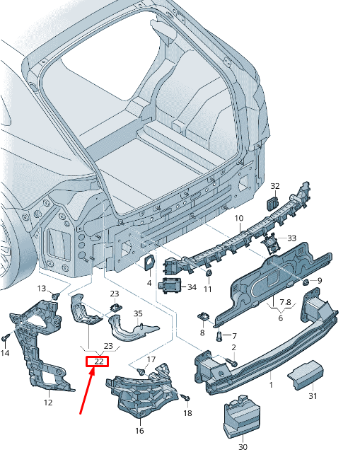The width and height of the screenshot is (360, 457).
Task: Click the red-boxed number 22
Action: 99,361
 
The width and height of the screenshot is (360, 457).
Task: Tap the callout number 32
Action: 275,186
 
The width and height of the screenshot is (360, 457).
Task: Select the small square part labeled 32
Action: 272,203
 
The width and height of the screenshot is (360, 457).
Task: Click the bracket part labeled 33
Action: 271,245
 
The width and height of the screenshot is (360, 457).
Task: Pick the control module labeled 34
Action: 170,285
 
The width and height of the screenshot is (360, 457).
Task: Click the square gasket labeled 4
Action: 150,262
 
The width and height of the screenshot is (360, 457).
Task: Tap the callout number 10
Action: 239,218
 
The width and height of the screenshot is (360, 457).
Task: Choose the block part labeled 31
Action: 306,375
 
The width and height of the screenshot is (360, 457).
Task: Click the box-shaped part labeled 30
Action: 242,417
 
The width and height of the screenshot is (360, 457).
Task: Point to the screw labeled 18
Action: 186,397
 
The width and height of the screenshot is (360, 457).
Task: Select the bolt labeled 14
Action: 5,339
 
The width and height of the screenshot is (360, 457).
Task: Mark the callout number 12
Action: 48,403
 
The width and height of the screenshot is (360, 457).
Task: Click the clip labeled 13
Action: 55,296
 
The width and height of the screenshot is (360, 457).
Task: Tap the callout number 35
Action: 138,313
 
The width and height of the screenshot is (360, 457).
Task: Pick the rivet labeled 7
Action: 219,336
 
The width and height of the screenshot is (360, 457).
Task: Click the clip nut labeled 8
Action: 204,316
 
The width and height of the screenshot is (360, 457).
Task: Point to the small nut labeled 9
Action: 306,282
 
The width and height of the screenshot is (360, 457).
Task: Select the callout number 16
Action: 139,431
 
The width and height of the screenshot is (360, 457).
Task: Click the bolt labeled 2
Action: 232,362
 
